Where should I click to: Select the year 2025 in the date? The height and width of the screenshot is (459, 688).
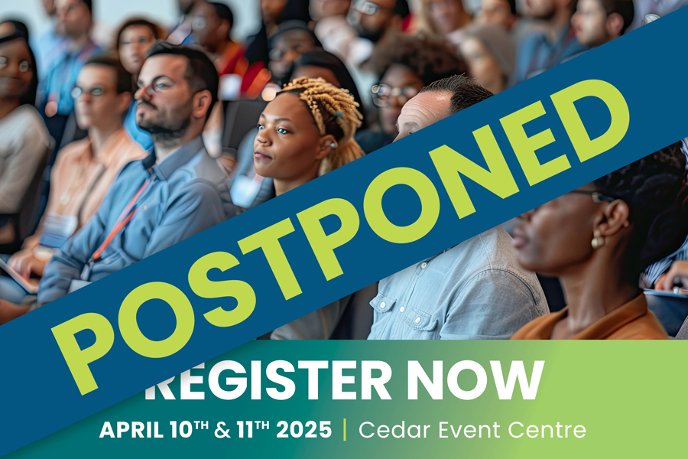tap(304, 430)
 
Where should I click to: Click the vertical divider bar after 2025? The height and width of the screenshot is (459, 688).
tap(345, 430)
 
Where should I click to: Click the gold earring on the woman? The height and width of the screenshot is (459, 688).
tap(597, 241)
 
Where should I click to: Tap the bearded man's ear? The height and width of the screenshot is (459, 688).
tap(203, 105)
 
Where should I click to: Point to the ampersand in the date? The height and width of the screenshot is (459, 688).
tap(222, 430)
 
